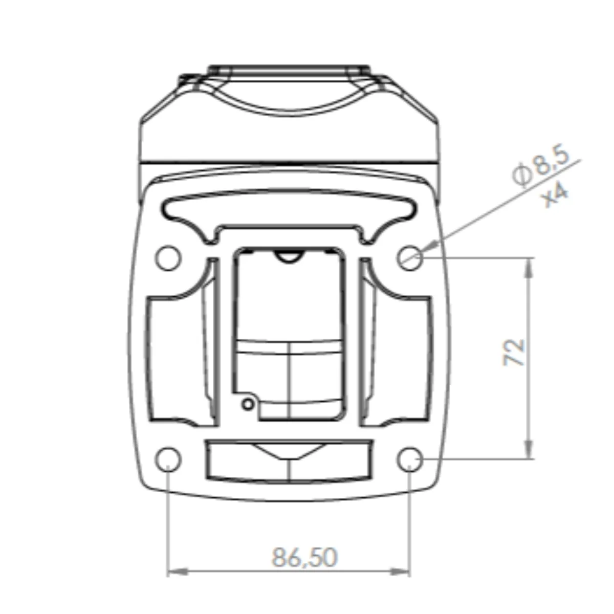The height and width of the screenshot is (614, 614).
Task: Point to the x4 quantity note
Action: point(555,196)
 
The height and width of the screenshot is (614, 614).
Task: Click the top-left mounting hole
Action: point(168,258)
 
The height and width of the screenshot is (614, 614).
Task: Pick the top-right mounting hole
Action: point(410,258)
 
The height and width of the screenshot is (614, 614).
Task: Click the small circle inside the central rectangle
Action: point(248,404)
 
